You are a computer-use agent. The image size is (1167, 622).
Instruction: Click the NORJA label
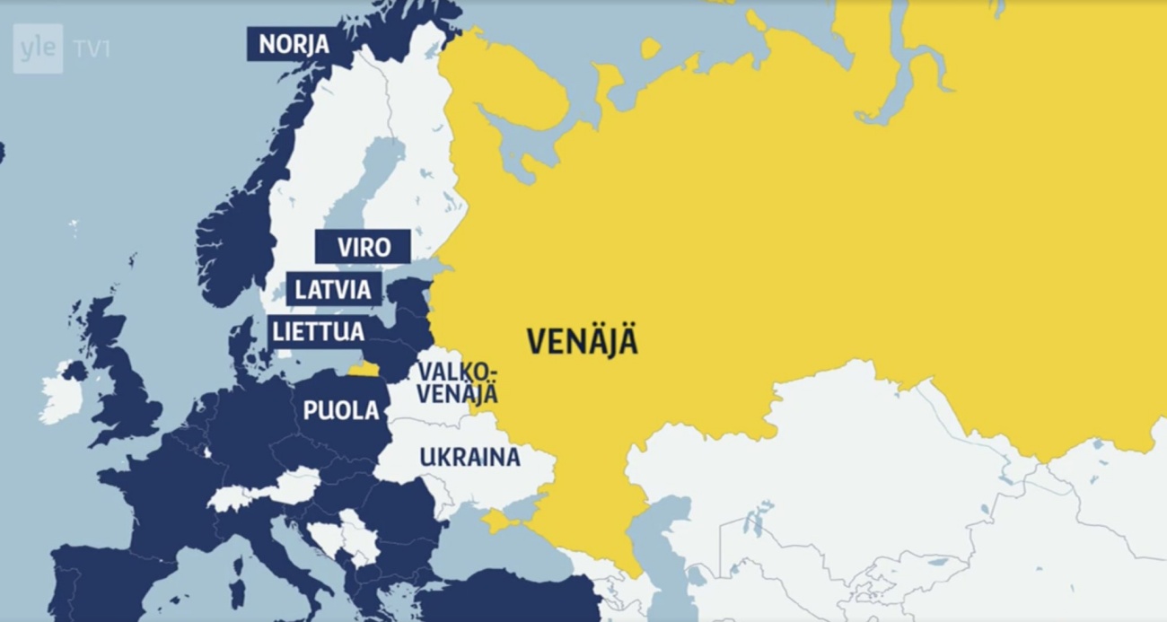(294, 44)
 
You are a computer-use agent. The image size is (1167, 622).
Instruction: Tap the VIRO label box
(363, 247)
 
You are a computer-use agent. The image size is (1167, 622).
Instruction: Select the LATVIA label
(333, 290)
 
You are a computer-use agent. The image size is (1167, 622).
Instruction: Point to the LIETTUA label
(319, 331)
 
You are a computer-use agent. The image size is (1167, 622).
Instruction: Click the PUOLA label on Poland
(340, 411)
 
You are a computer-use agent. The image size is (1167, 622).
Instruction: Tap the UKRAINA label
(469, 457)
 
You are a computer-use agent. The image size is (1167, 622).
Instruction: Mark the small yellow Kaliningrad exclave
(364, 369)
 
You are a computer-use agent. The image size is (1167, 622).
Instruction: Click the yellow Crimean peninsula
(499, 521)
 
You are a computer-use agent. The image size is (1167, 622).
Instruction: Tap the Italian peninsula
(296, 556)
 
